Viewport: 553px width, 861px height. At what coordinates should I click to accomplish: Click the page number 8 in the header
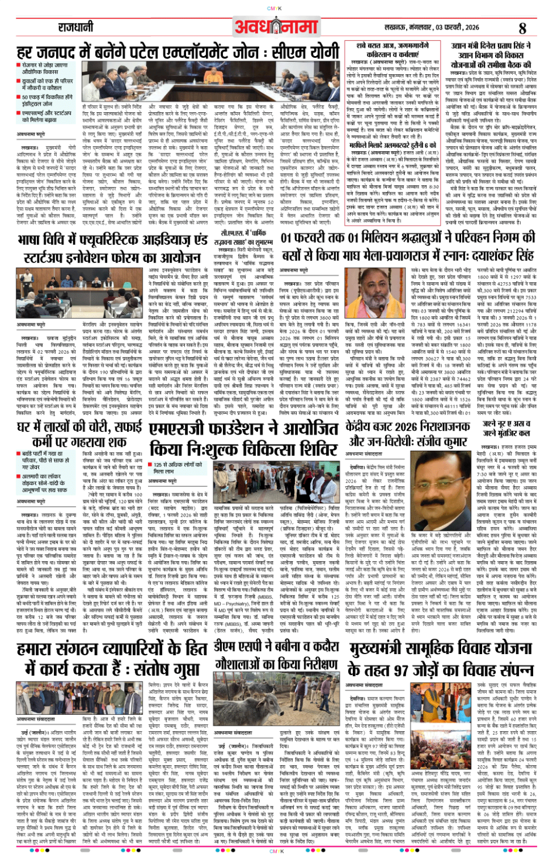pyautogui.click(x=522, y=27)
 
